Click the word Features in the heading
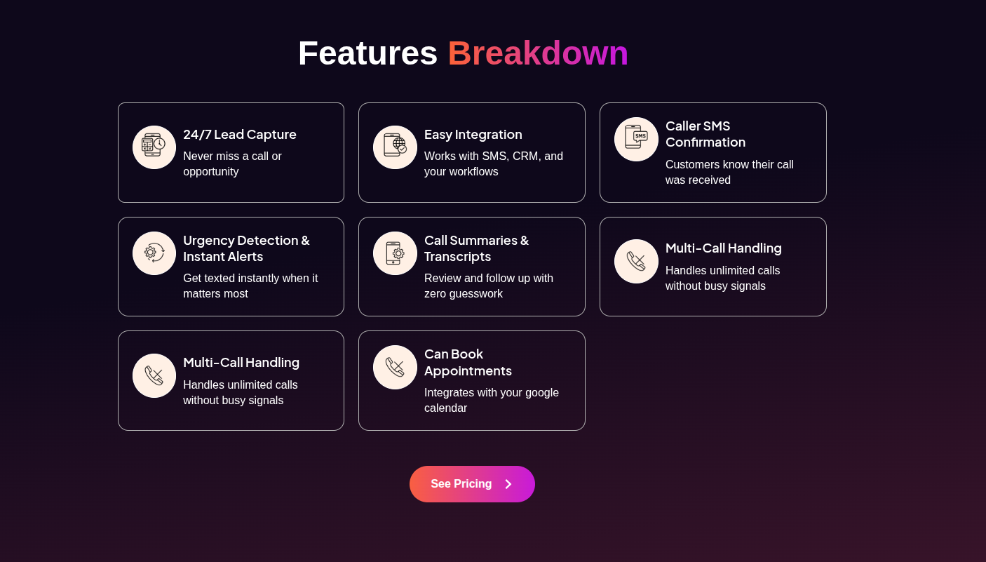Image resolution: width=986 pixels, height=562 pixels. pyautogui.click(x=367, y=53)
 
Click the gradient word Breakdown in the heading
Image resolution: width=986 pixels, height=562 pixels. pyautogui.click(x=538, y=53)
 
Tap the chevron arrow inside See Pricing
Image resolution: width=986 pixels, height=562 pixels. pyautogui.click(x=508, y=484)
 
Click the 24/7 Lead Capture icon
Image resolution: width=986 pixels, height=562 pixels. pyautogui.click(x=154, y=147)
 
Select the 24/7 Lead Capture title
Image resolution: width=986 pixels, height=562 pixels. pyautogui.click(x=240, y=134)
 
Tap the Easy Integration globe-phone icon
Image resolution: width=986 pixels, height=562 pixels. pyautogui.click(x=395, y=147)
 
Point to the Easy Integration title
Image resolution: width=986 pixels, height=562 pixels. pyautogui.click(x=473, y=134)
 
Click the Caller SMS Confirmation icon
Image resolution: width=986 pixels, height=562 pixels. pyautogui.click(x=636, y=139)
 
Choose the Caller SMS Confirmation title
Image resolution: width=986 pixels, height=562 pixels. pyautogui.click(x=705, y=134)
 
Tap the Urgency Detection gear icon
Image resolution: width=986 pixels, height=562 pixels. pyautogui.click(x=154, y=253)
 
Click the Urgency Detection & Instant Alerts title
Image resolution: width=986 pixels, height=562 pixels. pyautogui.click(x=246, y=248)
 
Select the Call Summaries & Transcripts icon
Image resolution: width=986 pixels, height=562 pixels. pyautogui.click(x=395, y=253)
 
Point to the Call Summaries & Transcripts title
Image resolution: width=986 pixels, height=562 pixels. pyautogui.click(x=476, y=248)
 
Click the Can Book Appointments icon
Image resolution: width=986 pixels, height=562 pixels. pyautogui.click(x=395, y=367)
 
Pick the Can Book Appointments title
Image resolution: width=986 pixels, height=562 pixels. pyautogui.click(x=468, y=362)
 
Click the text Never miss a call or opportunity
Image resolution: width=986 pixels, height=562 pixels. pyautogui.click(x=232, y=163)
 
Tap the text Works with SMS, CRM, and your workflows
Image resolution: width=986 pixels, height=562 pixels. pyautogui.click(x=493, y=163)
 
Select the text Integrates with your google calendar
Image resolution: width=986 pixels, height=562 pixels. pyautogui.click(x=491, y=400)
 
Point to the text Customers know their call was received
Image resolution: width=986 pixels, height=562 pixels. pyautogui.click(x=729, y=172)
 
